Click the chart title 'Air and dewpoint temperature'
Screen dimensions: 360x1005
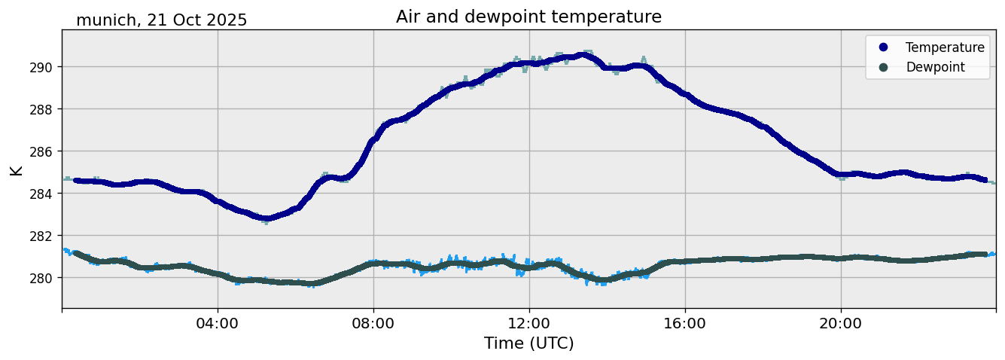(528, 17)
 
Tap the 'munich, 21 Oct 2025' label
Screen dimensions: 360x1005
(161, 20)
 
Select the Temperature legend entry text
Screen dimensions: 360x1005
(945, 47)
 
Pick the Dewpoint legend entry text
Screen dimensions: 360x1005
(935, 67)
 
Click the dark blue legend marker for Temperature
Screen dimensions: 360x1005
(883, 47)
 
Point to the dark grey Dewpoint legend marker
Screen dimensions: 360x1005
(883, 67)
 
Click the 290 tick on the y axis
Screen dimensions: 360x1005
(41, 67)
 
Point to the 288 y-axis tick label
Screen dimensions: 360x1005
(41, 109)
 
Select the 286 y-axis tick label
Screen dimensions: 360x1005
(41, 151)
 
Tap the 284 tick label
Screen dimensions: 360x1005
(41, 194)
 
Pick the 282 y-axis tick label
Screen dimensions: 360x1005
(41, 236)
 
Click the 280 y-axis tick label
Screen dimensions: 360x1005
(41, 278)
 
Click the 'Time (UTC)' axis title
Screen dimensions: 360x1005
(528, 343)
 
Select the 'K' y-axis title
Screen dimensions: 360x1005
(16, 169)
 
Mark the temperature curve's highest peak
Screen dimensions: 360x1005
(582, 55)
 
